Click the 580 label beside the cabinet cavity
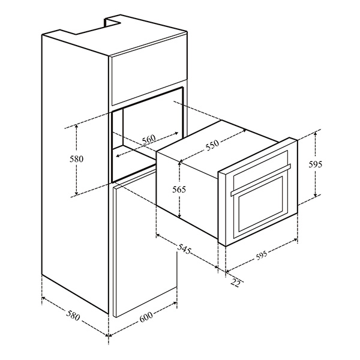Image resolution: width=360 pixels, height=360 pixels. pyautogui.click(x=75, y=160)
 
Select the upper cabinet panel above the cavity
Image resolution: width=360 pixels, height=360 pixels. pyautogui.click(x=147, y=78)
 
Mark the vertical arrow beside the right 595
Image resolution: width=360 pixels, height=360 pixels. pyautogui.click(x=316, y=165)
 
